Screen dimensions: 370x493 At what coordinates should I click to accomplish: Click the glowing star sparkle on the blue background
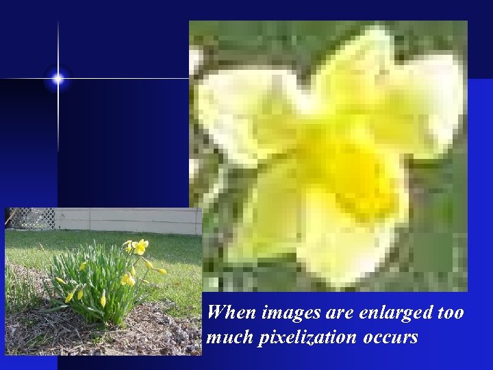[x=58, y=79]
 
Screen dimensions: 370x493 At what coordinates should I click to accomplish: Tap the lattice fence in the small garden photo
[x=31, y=219]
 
